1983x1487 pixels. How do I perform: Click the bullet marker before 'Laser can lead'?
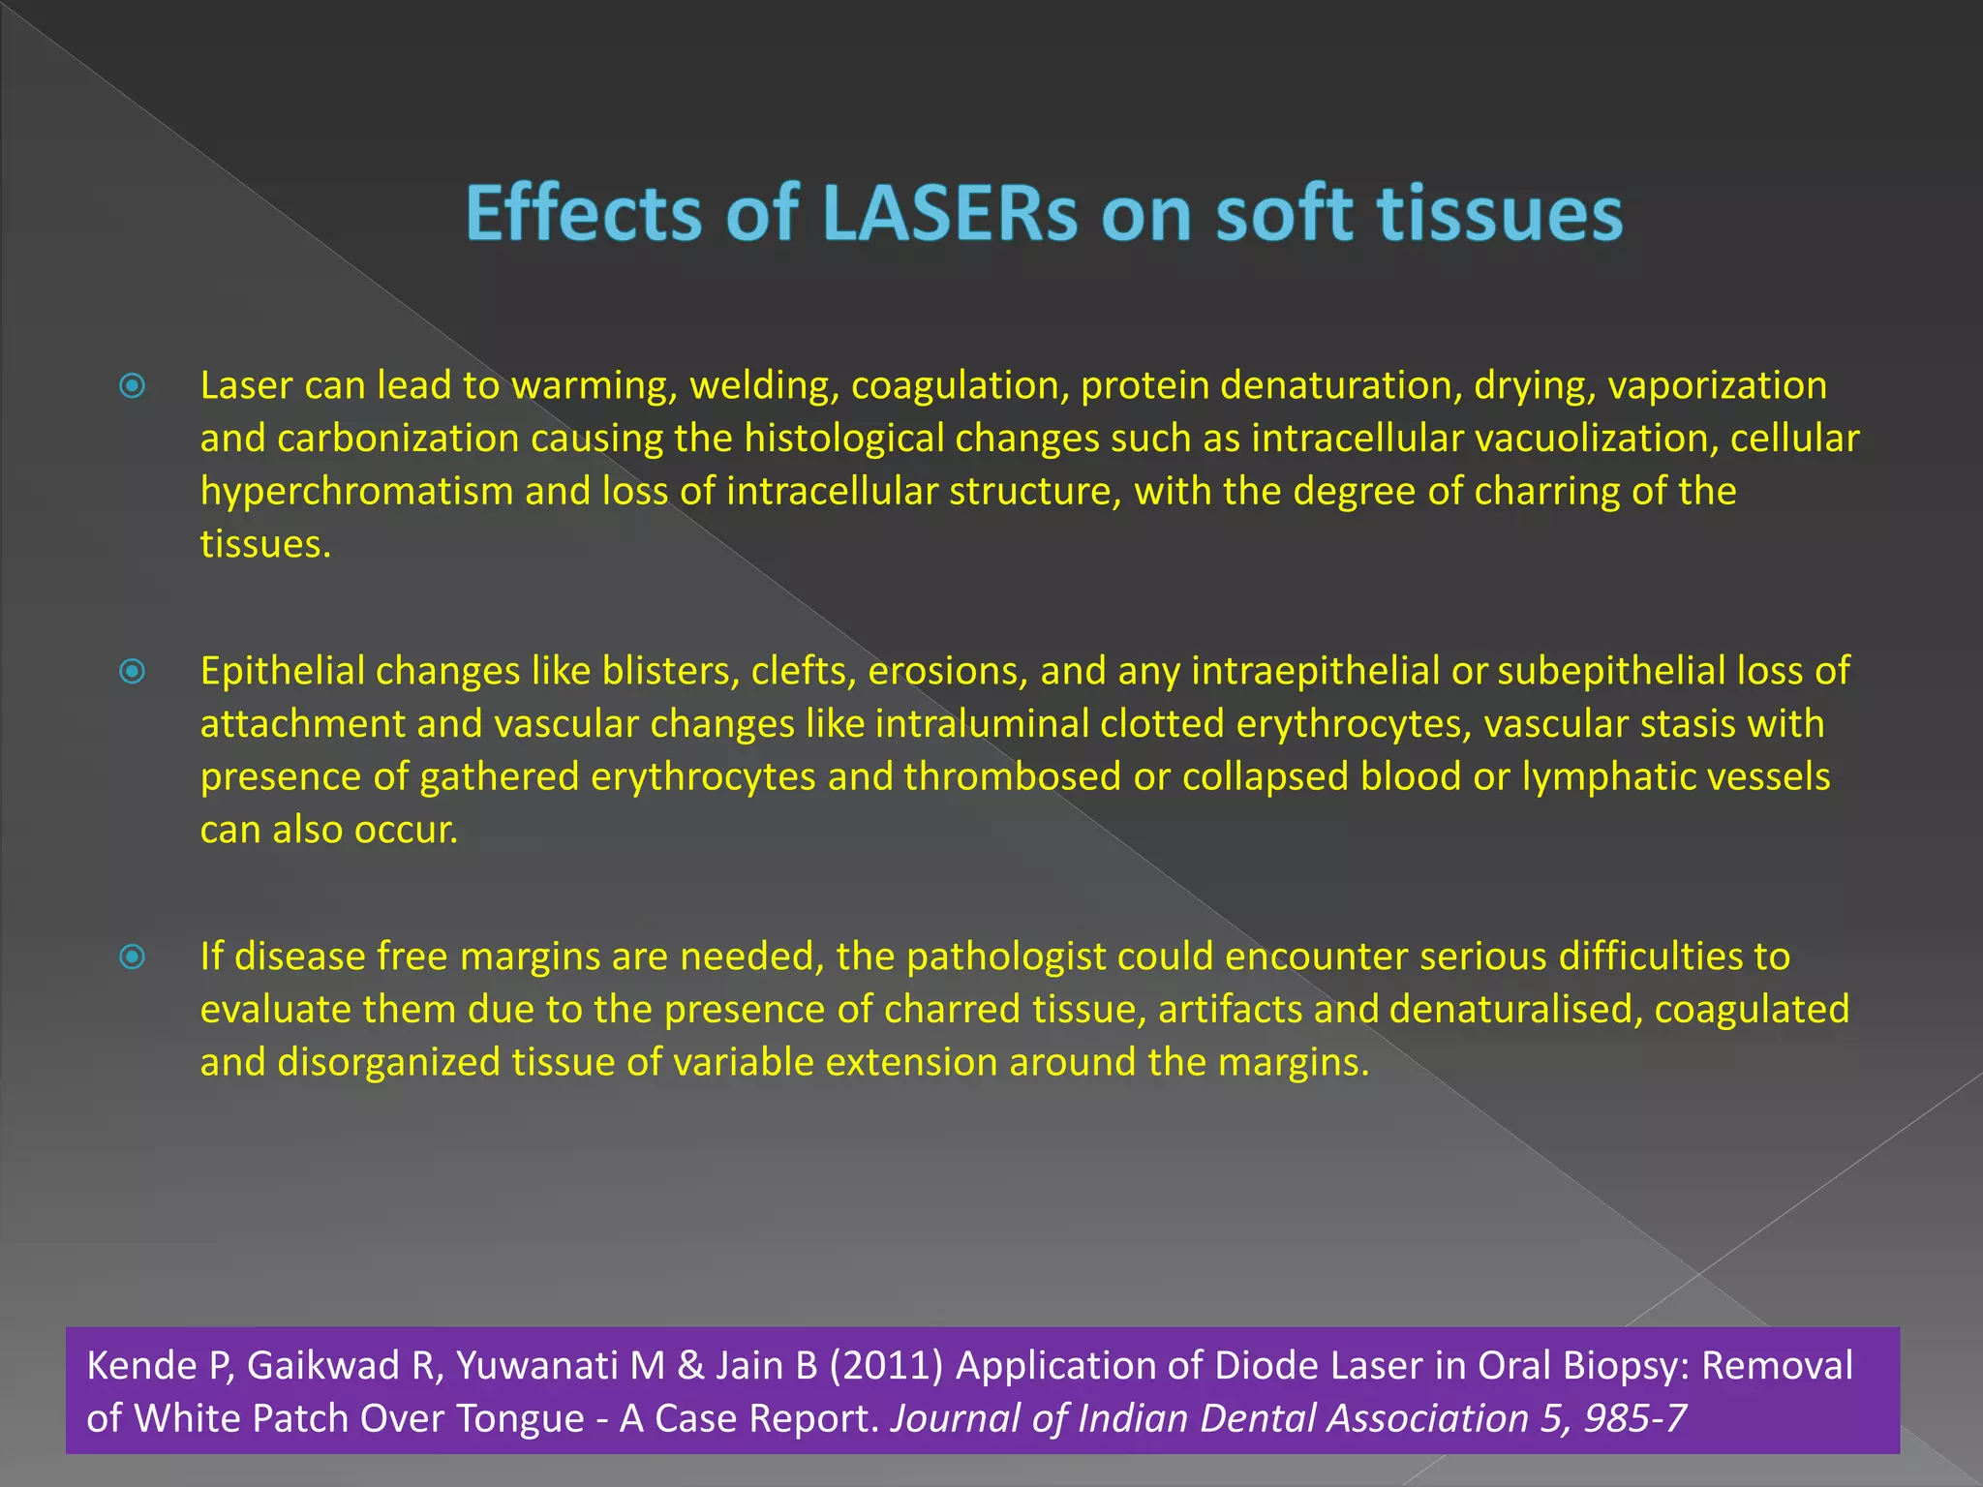click(133, 386)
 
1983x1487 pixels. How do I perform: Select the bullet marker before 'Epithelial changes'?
click(133, 671)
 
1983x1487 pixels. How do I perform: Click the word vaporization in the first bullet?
click(1717, 386)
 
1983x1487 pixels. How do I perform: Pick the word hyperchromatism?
click(357, 492)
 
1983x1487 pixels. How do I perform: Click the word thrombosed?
click(1012, 776)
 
